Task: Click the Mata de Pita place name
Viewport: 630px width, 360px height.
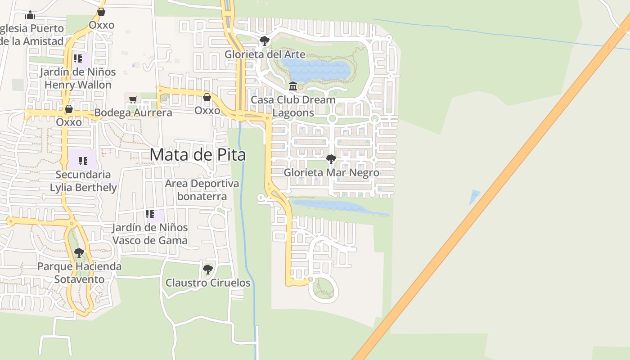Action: [x=198, y=155]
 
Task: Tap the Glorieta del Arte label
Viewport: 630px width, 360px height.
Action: [x=265, y=54]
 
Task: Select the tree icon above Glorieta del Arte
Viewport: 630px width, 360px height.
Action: [x=265, y=41]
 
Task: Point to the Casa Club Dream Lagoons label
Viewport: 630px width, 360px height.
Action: [x=293, y=106]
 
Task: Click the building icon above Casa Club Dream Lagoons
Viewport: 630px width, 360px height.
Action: [x=293, y=86]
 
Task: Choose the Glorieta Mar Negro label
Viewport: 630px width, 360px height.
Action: [x=331, y=172]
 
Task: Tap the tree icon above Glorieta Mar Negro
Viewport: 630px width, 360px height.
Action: [x=331, y=159]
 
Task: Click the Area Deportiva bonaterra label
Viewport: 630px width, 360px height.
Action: [x=202, y=190]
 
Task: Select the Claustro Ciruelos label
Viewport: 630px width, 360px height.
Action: [x=208, y=283]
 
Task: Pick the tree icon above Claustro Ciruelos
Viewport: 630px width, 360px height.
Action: [x=207, y=270]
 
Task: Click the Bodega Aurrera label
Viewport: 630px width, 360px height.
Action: [x=133, y=112]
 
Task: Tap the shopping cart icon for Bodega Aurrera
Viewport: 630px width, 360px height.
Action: [x=133, y=99]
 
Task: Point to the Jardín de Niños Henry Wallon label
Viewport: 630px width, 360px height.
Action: [x=78, y=78]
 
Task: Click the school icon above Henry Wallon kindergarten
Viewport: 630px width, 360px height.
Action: [x=78, y=58]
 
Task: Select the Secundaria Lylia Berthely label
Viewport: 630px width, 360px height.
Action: [x=83, y=181]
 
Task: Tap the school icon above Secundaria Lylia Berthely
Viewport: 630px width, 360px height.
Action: [x=83, y=161]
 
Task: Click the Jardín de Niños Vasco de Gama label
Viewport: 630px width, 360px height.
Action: [x=150, y=234]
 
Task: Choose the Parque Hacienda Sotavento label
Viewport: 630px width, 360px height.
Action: [x=79, y=273]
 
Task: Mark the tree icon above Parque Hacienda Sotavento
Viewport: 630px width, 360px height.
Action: [x=79, y=253]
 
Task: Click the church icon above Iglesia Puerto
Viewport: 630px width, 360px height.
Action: [x=30, y=15]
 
